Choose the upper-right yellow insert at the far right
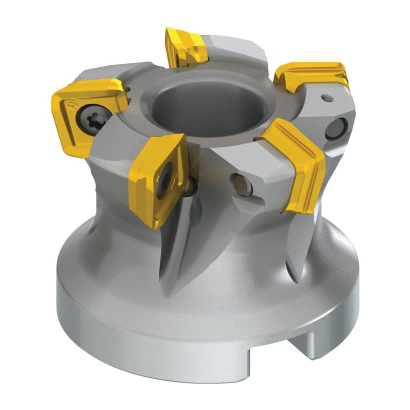pyautogui.click(x=312, y=74)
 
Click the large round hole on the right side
pyautogui.click(x=335, y=129)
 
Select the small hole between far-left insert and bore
pyautogui.click(x=129, y=88)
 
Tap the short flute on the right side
pyautogui.click(x=300, y=245)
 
